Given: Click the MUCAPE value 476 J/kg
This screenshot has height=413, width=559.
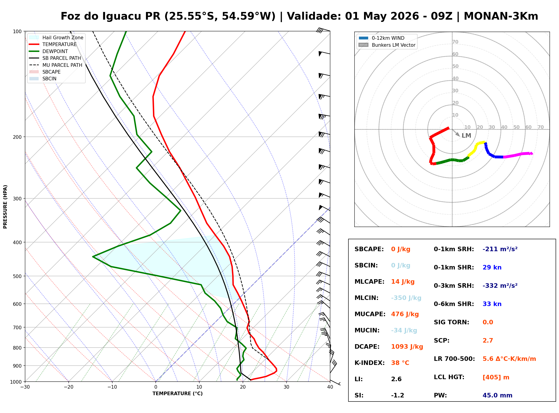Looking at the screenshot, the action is click(x=405, y=314).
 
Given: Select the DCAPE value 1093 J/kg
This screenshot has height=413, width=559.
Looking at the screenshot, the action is click(x=407, y=346).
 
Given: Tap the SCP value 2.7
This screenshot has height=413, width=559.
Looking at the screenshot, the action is click(x=488, y=341).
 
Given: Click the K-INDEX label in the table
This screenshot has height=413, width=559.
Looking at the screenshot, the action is click(x=369, y=363).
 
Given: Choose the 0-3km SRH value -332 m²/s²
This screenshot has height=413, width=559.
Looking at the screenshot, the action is click(x=500, y=285).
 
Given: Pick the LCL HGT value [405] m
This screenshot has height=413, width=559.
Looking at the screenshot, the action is click(x=496, y=377).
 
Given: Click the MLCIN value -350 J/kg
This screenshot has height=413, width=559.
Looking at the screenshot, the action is click(x=406, y=298).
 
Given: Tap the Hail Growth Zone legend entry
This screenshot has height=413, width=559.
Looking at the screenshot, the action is click(x=56, y=37).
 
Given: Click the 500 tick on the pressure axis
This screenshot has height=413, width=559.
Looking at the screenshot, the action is click(x=18, y=276).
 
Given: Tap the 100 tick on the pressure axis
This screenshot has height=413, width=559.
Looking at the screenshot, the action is click(x=18, y=31).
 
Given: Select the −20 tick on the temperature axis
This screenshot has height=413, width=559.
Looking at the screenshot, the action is click(x=68, y=387).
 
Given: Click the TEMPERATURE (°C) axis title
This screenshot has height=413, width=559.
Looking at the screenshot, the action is click(x=177, y=394).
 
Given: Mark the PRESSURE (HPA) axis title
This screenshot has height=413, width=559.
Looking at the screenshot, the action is click(x=5, y=206).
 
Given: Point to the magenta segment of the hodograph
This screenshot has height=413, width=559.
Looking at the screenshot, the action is click(x=518, y=155).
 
